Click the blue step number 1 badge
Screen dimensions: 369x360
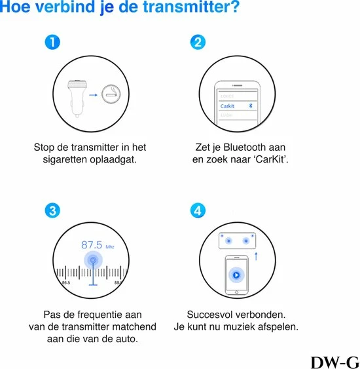point(54,43)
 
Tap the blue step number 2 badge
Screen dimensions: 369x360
point(197,43)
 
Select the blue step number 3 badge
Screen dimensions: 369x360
point(54,210)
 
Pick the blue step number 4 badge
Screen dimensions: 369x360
point(197,210)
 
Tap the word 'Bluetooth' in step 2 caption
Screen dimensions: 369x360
point(245,147)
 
